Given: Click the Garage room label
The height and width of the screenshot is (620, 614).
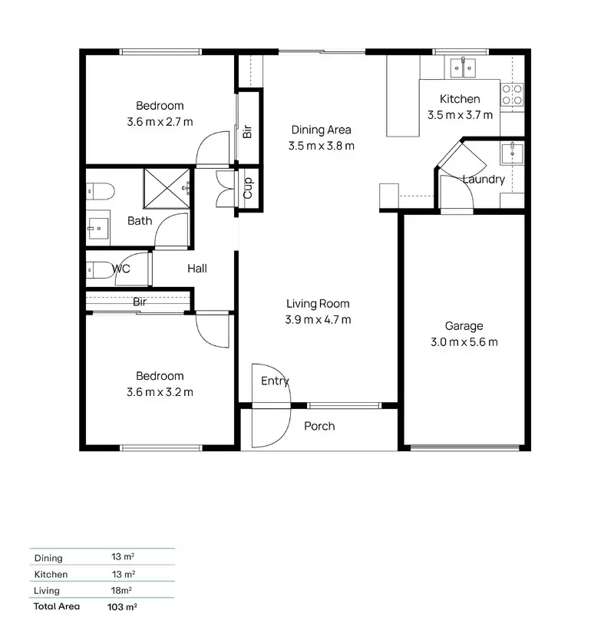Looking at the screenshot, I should pyautogui.click(x=464, y=326).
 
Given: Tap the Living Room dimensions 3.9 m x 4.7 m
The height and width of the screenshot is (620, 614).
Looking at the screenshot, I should pyautogui.click(x=319, y=320).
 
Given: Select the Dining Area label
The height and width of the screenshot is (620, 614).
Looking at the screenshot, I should pyautogui.click(x=321, y=130).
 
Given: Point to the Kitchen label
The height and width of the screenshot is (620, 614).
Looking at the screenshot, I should pyautogui.click(x=460, y=99).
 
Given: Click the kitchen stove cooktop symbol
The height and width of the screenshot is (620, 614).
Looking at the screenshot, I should pyautogui.click(x=512, y=94).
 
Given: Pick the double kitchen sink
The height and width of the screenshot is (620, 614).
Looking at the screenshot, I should pyautogui.click(x=463, y=68).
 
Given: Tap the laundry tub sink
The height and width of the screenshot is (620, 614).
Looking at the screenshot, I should pyautogui.click(x=510, y=153).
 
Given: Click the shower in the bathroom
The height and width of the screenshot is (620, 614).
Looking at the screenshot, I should pyautogui.click(x=167, y=187).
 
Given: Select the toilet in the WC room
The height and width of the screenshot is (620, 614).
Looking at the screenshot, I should pyautogui.click(x=97, y=269).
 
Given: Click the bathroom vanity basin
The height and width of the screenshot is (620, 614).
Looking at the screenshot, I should pyautogui.click(x=97, y=226).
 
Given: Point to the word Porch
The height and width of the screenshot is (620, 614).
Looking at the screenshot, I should pyautogui.click(x=319, y=426).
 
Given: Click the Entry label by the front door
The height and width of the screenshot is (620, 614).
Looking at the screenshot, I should pyautogui.click(x=275, y=381).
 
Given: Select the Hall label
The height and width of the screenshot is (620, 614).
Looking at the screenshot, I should pyautogui.click(x=197, y=269).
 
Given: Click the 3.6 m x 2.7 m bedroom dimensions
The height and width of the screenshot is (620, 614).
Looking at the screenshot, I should pyautogui.click(x=160, y=121).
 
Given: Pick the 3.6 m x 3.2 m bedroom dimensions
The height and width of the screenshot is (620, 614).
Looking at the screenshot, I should pyautogui.click(x=160, y=392).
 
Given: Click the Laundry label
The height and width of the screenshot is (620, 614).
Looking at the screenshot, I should pyautogui.click(x=484, y=180).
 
